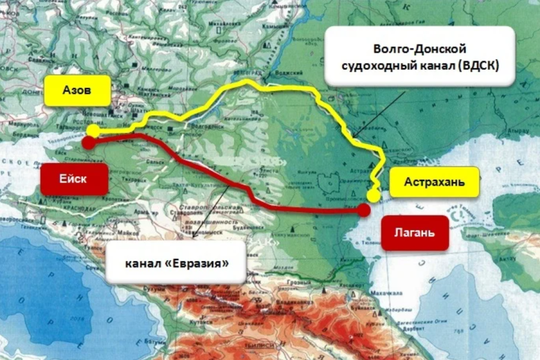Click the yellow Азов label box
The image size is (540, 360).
click(x=77, y=91)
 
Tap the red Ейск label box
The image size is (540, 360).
click(x=73, y=179)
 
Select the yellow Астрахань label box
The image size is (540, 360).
click(x=434, y=182)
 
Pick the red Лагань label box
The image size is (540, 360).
click(x=415, y=232)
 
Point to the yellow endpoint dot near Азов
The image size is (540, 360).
click(x=93, y=130)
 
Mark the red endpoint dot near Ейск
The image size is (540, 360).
click(x=88, y=143)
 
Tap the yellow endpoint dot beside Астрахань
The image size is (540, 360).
click(x=374, y=195)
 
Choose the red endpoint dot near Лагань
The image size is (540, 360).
click(x=364, y=210)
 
